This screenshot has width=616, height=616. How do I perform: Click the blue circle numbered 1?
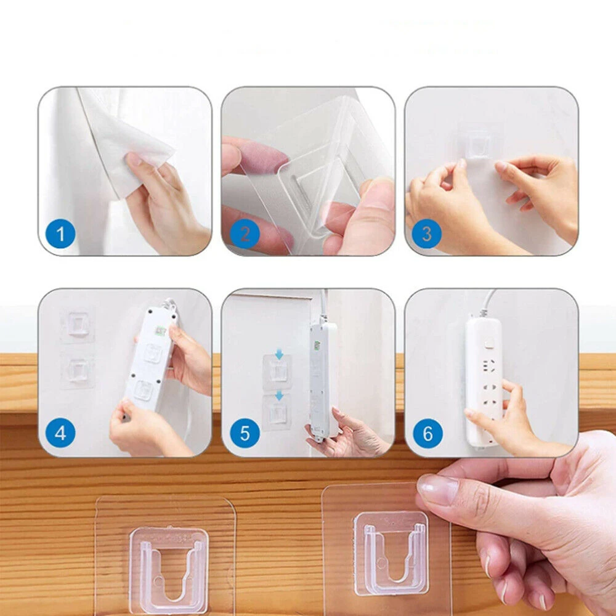(x=60, y=233)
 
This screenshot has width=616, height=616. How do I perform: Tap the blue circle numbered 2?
(x=245, y=233)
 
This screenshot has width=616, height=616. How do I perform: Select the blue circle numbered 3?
(x=427, y=233)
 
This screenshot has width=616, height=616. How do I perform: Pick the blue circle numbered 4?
(x=60, y=434)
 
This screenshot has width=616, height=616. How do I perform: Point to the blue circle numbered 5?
(x=245, y=434)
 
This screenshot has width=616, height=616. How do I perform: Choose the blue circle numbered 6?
(x=428, y=434)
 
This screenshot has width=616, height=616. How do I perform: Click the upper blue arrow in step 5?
(x=279, y=355)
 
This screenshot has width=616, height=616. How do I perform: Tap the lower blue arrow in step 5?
(x=279, y=395)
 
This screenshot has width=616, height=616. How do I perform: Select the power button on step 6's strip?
(x=488, y=344)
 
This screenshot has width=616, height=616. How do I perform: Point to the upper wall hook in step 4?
(x=79, y=325)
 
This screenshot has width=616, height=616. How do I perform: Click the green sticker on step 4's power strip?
(x=160, y=331)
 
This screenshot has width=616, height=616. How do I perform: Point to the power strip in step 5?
(x=323, y=379)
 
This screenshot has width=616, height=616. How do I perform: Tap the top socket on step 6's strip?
(x=487, y=366)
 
